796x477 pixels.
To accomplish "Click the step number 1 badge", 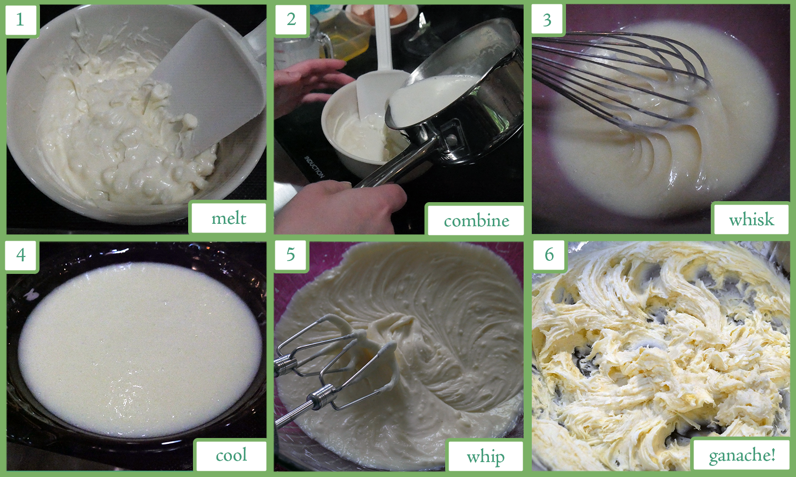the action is tap(20, 20).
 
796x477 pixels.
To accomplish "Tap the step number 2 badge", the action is tap(291, 20).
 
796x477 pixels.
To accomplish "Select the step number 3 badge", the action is tap(547, 20).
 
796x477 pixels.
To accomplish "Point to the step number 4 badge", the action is tap(21, 255).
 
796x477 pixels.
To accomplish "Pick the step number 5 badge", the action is tap(291, 255).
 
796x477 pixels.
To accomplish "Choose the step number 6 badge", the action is tap(549, 255).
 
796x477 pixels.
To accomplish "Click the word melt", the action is tap(229, 218).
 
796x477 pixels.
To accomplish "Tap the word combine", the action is tap(476, 221).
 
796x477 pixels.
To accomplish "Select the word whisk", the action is tap(751, 219).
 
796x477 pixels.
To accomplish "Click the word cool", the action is tap(231, 455).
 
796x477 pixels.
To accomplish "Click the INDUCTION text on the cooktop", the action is tap(314, 167).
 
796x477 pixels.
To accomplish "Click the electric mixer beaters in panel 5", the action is tap(337, 366).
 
